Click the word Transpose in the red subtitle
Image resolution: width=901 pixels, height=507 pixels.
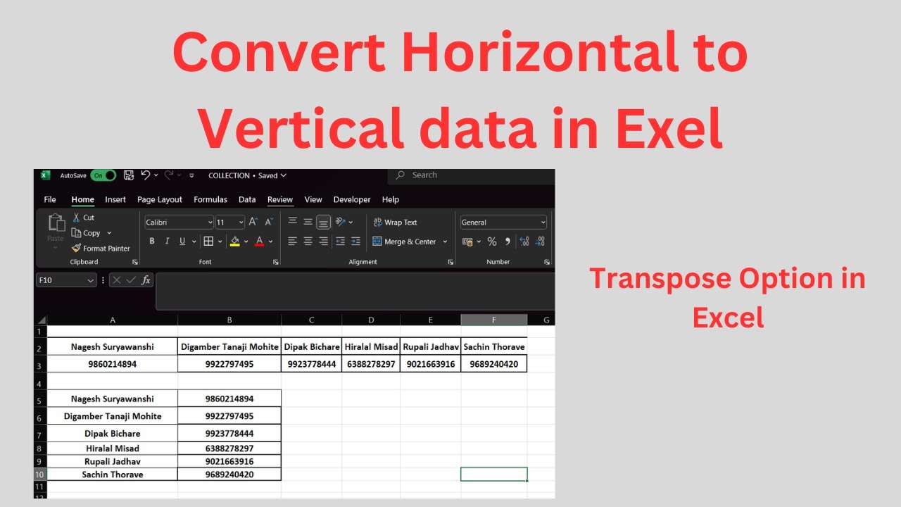point(656,279)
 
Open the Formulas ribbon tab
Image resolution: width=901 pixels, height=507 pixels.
point(210,199)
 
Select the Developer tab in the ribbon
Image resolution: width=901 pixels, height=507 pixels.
point(352,199)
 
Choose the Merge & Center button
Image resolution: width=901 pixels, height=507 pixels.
point(410,242)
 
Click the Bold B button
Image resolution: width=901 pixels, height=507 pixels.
point(151,242)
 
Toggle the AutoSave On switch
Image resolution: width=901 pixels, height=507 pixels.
point(103,175)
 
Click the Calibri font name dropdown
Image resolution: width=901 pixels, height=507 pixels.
point(179,223)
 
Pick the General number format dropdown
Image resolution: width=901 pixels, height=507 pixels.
point(503,223)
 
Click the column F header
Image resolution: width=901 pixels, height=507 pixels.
point(493,320)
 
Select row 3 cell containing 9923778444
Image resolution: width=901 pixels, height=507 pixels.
point(311,364)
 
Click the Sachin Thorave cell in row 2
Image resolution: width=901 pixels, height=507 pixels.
point(493,346)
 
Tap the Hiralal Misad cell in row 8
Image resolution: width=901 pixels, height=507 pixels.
point(112,448)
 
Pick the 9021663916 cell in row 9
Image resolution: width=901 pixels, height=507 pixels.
point(229,461)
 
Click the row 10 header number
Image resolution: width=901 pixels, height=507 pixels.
point(39,475)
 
